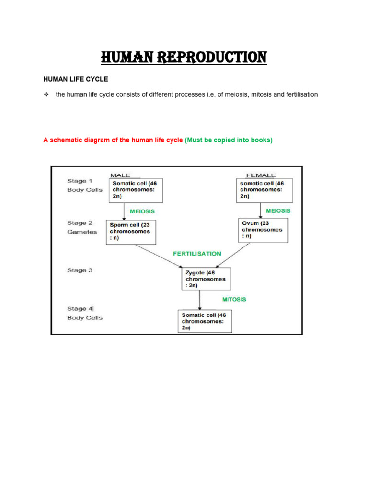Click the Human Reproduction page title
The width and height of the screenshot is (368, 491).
click(x=184, y=58)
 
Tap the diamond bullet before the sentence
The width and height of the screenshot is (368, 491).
click(x=46, y=94)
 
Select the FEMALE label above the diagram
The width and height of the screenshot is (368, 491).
click(x=260, y=175)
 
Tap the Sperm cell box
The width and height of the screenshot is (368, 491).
click(x=130, y=231)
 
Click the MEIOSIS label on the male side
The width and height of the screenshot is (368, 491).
click(x=142, y=211)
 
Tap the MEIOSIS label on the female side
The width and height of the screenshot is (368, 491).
click(x=278, y=210)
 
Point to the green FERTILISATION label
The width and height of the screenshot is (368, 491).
click(x=197, y=253)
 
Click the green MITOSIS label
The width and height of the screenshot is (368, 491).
click(x=234, y=299)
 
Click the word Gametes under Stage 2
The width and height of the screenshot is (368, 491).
click(x=82, y=232)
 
